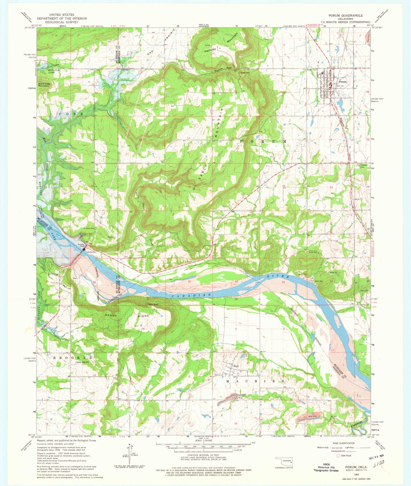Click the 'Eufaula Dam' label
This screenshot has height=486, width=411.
(81, 245)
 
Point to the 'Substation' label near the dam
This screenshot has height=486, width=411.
(92, 252)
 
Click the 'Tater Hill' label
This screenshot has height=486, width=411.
(245, 73)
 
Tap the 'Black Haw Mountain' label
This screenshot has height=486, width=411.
(44, 85)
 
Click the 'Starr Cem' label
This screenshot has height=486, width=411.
(365, 291)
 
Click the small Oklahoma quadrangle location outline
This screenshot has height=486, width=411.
(284, 461)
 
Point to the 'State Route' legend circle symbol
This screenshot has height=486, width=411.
(338, 456)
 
